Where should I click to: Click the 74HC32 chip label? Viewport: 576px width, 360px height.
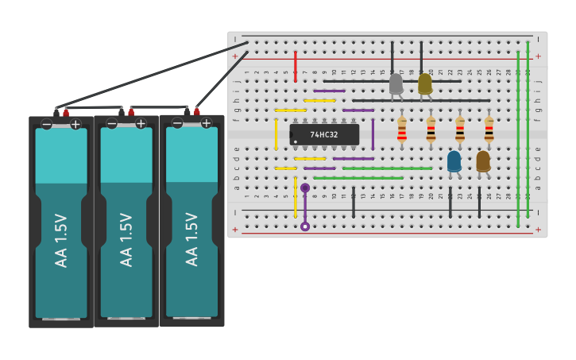pyautogui.click(x=324, y=135)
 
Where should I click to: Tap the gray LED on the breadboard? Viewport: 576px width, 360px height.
pyautogui.click(x=396, y=83)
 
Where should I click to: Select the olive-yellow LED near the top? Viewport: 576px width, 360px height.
pyautogui.click(x=425, y=83)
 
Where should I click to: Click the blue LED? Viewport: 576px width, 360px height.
pyautogui.click(x=454, y=161)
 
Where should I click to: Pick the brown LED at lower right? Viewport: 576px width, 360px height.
pyautogui.click(x=483, y=161)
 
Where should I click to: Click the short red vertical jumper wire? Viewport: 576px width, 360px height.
pyautogui.click(x=296, y=67)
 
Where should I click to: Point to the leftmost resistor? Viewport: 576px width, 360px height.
pyautogui.click(x=402, y=130)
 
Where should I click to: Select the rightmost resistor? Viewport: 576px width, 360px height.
pyautogui.click(x=489, y=130)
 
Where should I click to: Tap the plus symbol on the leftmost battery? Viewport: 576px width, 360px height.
pyautogui.click(x=75, y=124)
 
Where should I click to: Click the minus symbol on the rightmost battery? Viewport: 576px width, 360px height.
pyautogui.click(x=177, y=123)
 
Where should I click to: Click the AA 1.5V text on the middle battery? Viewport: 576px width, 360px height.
pyautogui.click(x=126, y=239)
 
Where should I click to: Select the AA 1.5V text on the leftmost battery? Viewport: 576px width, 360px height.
pyautogui.click(x=61, y=239)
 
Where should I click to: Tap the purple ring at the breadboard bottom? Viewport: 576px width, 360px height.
pyautogui.click(x=305, y=226)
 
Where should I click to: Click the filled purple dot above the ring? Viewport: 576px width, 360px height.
pyautogui.click(x=305, y=188)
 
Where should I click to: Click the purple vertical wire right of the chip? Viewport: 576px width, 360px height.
pyautogui.click(x=373, y=134)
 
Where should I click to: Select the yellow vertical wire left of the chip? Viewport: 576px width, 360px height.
pyautogui.click(x=276, y=134)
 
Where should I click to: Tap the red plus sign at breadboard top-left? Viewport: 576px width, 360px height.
pyautogui.click(x=234, y=56)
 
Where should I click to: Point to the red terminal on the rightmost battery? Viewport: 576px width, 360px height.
pyautogui.click(x=196, y=111)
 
